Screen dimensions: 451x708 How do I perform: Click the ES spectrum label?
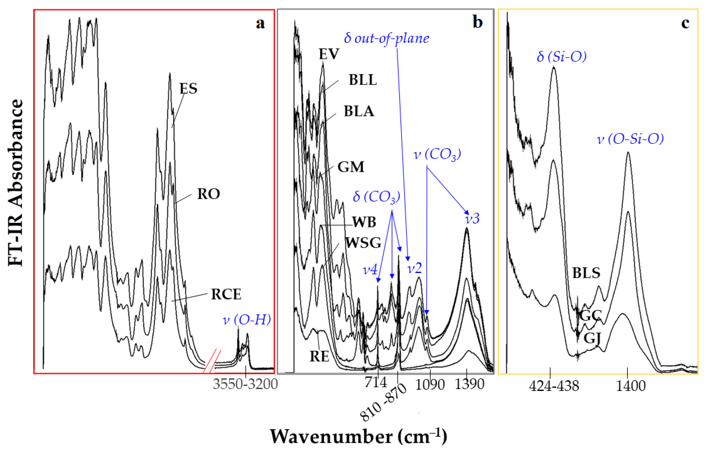188,88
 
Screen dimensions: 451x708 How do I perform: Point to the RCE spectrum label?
226,294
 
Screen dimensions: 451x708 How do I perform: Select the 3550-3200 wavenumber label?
245,384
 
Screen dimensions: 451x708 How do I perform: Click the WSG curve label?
363,243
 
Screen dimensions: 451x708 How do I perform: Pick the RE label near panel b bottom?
319,356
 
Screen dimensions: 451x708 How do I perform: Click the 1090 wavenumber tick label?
430,384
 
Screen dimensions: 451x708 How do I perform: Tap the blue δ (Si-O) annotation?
562,56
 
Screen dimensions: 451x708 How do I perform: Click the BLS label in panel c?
586,273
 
